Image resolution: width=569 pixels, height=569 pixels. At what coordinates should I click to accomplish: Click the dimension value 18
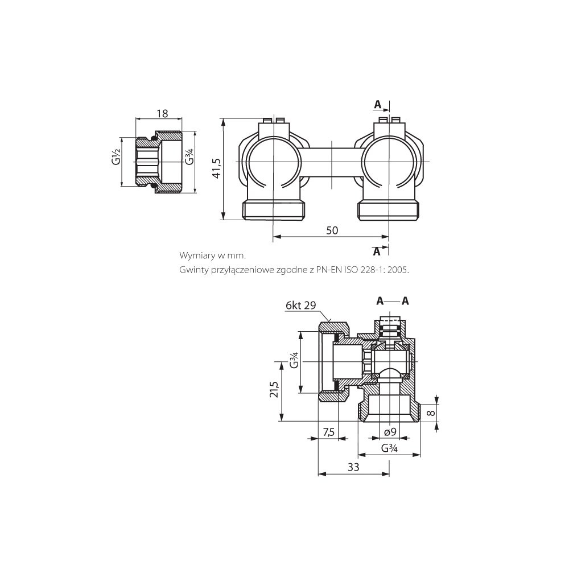coord(162,113)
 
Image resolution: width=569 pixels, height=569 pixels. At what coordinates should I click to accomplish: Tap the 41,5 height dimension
coord(216,168)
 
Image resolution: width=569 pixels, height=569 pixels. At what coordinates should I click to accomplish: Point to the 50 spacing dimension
coord(332,230)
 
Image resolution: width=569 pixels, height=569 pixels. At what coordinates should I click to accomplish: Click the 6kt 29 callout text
coord(301,306)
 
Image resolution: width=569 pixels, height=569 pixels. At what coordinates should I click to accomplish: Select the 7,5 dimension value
coord(328,432)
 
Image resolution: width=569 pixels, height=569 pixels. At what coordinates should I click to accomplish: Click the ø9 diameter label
coord(390,432)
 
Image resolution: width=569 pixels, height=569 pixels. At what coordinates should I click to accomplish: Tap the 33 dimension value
coord(353,467)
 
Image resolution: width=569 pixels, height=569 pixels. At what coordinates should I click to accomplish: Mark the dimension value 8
coord(431,413)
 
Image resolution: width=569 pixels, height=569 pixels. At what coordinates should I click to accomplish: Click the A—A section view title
coord(393,301)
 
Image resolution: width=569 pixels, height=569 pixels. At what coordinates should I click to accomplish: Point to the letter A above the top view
coord(378,105)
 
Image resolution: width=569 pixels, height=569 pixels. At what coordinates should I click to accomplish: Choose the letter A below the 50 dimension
coord(377,251)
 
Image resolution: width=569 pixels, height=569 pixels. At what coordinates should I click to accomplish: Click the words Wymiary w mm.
coord(213,255)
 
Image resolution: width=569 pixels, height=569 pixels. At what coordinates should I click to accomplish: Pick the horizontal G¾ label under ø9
coord(389,448)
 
